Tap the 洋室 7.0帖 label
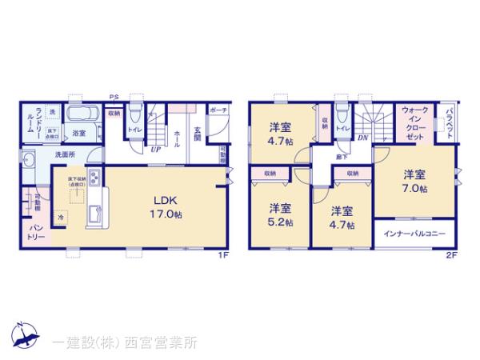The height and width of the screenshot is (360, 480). [x=414, y=181]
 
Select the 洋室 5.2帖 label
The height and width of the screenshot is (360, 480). [x=280, y=214]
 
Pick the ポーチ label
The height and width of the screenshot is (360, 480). [x=218, y=111]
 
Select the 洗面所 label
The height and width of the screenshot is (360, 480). [x=65, y=153]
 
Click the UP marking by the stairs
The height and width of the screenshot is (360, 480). [x=155, y=147]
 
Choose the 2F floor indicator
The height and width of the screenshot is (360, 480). [x=453, y=255]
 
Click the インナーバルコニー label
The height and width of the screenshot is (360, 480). [x=414, y=234]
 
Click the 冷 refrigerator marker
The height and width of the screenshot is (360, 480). [x=62, y=216]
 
